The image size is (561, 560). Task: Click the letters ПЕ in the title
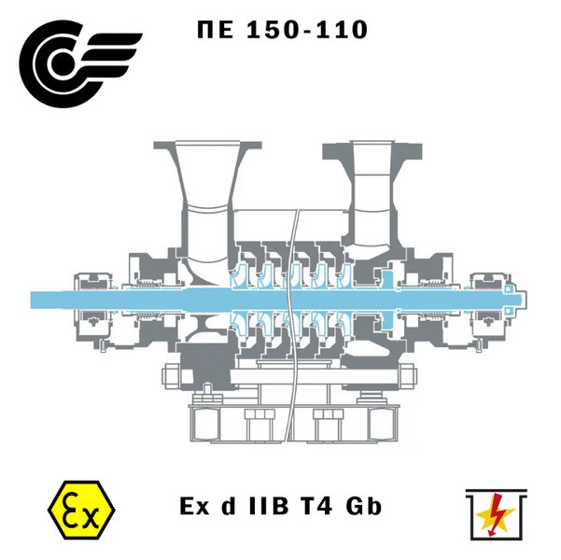click(216, 29)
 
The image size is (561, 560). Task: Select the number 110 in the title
click(342, 29)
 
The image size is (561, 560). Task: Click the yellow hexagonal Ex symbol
click(81, 510)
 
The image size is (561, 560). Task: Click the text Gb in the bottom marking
click(364, 506)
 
